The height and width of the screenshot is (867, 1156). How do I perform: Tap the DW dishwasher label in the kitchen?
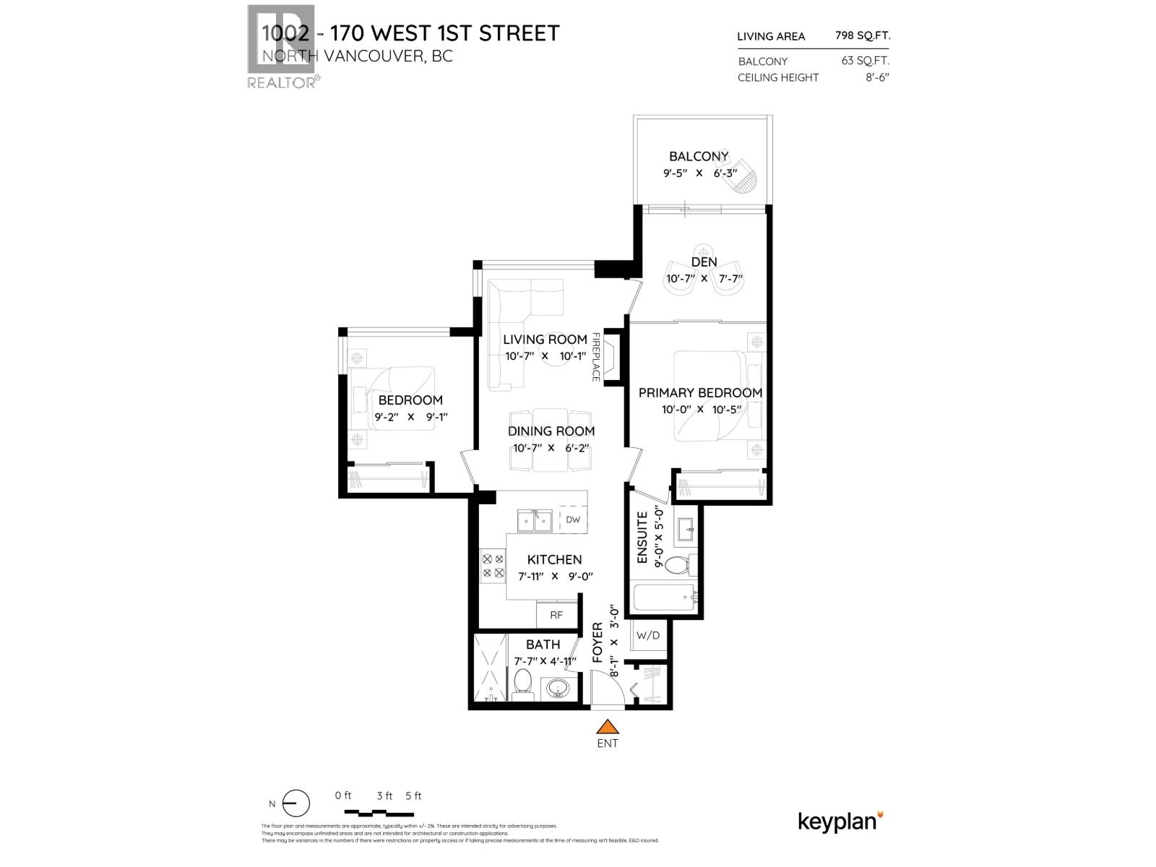pos(573,519)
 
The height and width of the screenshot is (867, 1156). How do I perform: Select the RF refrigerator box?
pos(556,616)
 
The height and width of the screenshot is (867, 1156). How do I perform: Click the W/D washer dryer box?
pos(648,636)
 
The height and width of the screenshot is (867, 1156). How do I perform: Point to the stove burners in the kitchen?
pos(493,566)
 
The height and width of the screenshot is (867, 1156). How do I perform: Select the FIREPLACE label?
pos(596,357)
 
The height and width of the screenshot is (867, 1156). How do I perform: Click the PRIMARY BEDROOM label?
pos(700,393)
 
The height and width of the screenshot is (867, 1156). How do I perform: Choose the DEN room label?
pos(704,262)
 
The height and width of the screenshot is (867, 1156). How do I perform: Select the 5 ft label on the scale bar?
pos(413,796)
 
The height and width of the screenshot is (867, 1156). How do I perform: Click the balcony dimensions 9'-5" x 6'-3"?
pos(699,173)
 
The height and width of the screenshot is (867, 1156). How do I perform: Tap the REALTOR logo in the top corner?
pos(281,47)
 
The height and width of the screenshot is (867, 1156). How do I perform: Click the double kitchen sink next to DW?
pos(535,520)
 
